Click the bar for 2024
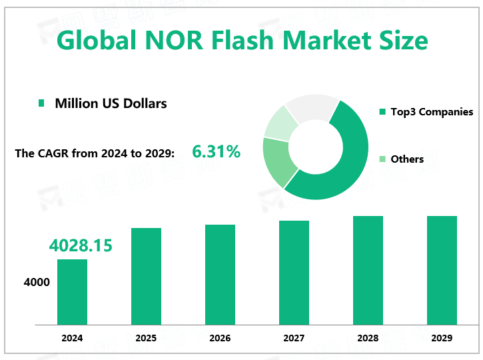[72, 291]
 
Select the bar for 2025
[146, 276]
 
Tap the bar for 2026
[220, 274]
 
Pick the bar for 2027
[294, 272]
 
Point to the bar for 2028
[368, 270]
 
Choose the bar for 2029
[442, 270]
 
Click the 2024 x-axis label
[72, 338]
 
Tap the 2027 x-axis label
[294, 338]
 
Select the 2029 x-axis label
[442, 338]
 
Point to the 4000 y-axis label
[37, 283]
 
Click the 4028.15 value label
[81, 245]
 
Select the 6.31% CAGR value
[216, 152]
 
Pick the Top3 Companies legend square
[382, 112]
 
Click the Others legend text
[407, 159]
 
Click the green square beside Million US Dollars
[41, 103]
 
